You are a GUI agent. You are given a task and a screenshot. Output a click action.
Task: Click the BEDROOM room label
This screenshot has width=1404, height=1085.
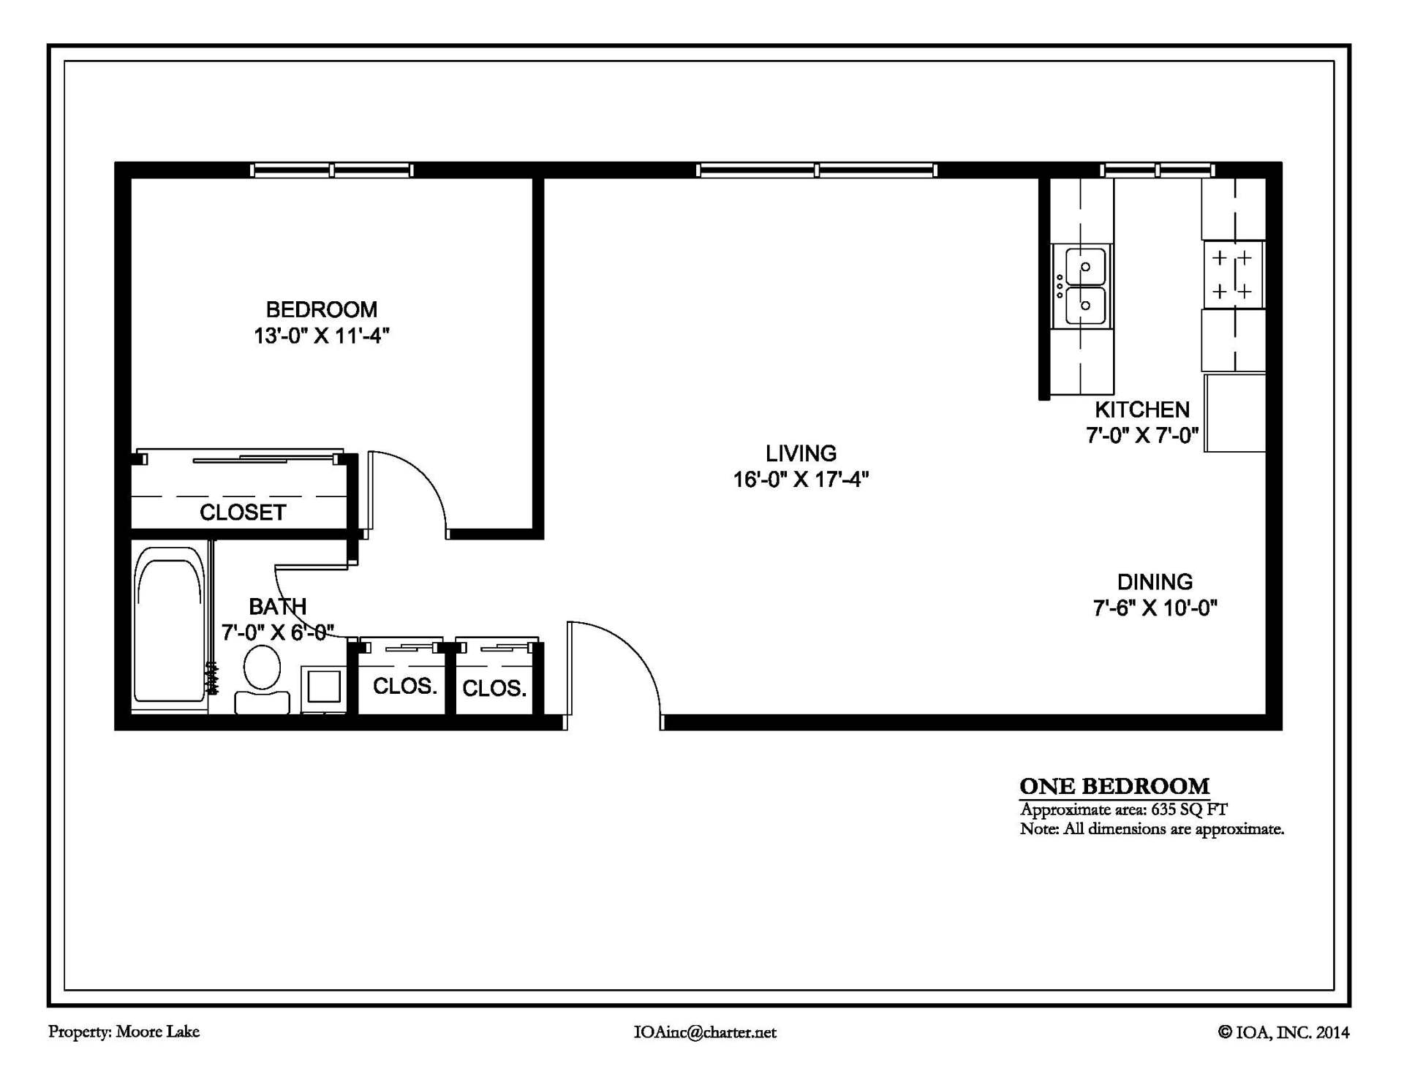tap(321, 309)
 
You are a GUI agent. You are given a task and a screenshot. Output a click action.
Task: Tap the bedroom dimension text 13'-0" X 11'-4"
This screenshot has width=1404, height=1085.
tap(321, 336)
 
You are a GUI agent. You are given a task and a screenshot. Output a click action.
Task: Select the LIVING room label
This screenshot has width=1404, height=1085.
tap(801, 453)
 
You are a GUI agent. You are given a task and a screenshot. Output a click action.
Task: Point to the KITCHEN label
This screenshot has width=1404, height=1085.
tap(1141, 409)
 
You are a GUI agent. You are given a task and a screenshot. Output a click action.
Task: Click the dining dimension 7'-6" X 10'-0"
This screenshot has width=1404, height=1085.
tap(1155, 608)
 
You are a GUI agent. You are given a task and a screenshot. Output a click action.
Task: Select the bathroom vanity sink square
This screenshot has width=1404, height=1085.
tap(323, 687)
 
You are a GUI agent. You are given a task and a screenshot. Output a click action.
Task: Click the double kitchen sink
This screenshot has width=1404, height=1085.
tap(1084, 286)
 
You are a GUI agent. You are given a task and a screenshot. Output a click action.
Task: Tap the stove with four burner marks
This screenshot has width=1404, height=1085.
tap(1233, 275)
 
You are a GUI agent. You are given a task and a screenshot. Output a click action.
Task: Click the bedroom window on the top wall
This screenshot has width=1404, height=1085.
tap(331, 170)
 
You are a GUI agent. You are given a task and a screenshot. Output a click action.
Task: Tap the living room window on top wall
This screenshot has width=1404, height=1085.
tap(816, 170)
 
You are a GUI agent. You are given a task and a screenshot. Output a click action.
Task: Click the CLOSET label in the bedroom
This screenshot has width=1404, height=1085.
tap(242, 513)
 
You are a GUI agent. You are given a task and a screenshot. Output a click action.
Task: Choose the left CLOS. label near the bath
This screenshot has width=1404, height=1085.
tap(404, 687)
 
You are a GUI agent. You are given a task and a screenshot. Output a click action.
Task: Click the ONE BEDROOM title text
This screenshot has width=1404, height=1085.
tap(1114, 786)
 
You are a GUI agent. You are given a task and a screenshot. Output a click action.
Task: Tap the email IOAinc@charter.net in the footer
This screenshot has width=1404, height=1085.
tap(704, 1032)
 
